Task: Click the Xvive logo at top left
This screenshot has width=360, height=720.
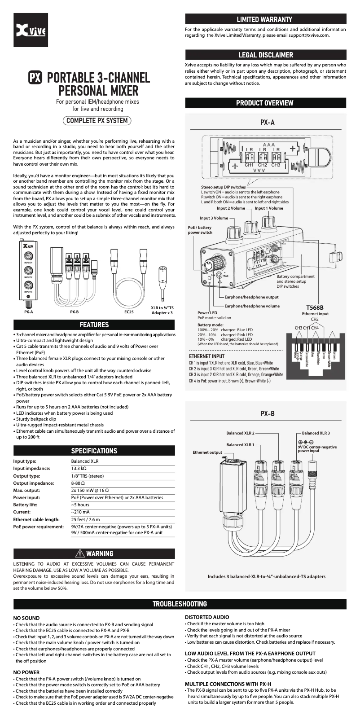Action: [x=31, y=31]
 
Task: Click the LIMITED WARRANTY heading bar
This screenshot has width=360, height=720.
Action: [x=265, y=19]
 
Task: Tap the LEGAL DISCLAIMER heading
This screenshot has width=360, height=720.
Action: [x=265, y=55]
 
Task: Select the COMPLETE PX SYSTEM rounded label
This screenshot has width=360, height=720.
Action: [x=97, y=120]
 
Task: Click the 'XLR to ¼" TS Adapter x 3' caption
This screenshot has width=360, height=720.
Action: [x=162, y=310]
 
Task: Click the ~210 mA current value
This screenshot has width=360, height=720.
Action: [x=80, y=512]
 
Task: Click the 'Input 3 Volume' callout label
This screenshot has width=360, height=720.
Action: [x=214, y=218]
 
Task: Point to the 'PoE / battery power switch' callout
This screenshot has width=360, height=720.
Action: [x=200, y=230]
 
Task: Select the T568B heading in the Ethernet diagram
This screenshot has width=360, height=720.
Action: [x=315, y=307]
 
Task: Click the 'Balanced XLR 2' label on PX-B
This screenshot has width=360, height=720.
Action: [x=240, y=433]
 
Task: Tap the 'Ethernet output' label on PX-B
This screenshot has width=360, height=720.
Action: [x=207, y=452]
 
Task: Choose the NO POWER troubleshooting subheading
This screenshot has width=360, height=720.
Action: [x=26, y=672]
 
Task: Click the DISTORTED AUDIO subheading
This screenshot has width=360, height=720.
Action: [x=207, y=617]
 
